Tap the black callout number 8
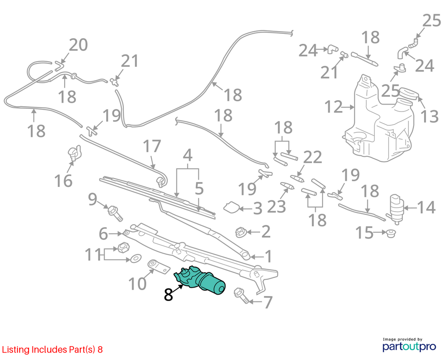[168, 295]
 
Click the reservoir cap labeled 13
[408, 93]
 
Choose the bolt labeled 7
[242, 295]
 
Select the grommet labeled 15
[391, 234]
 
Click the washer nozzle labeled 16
[74, 154]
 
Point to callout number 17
[152, 146]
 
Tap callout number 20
[78, 45]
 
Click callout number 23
[277, 206]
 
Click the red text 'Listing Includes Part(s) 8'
[52, 350]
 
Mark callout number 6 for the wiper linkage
[103, 234]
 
